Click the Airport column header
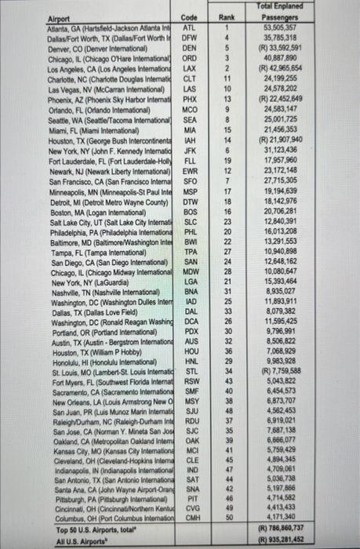point(60,16)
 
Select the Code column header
point(188,16)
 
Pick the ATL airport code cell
point(188,27)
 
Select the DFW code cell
point(188,36)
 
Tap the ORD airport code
point(188,57)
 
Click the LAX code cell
point(188,67)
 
